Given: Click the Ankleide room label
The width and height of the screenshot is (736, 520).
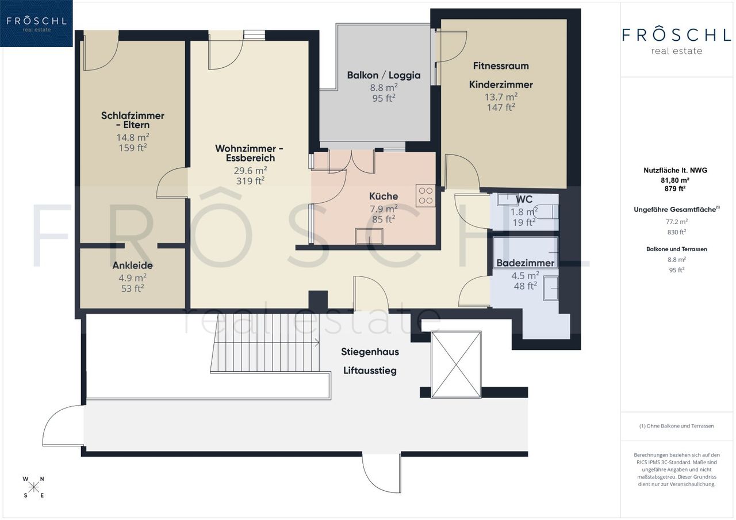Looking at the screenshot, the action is [x=132, y=265].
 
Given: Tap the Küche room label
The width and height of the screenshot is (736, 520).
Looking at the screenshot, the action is [x=384, y=197].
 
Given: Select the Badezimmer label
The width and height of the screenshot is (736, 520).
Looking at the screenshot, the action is [x=525, y=263].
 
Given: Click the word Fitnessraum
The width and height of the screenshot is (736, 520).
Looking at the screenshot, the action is [x=501, y=66].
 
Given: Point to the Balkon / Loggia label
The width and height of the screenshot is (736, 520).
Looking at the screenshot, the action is [x=384, y=75].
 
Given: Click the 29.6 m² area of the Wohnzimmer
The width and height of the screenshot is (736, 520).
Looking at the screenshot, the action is [x=250, y=171].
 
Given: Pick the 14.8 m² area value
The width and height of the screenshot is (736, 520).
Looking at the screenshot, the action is [x=133, y=137].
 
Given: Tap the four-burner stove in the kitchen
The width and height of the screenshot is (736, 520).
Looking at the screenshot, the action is [x=425, y=196].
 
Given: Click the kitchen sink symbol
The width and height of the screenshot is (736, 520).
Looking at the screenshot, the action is [x=369, y=236].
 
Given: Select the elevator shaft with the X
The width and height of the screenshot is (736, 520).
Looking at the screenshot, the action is [x=456, y=364].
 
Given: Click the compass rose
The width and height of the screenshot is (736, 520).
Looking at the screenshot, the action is [x=33, y=487].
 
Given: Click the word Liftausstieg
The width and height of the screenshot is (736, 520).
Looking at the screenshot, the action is [x=370, y=371].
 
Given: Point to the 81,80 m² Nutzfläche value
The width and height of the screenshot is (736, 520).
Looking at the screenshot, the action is [x=675, y=180].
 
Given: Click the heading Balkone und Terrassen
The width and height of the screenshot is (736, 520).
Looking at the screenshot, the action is [x=677, y=249].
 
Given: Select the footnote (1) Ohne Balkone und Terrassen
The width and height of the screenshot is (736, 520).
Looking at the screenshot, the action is [x=677, y=426].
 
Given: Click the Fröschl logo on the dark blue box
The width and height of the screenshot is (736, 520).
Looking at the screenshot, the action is [x=36, y=23].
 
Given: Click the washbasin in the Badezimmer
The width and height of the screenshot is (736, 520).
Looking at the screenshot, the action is [x=550, y=288].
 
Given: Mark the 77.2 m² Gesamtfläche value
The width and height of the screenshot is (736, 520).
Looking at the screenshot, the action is [x=677, y=222].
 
